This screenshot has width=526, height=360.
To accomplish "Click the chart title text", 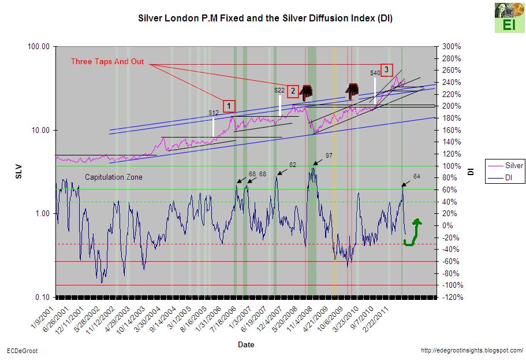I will [x=265, y=18].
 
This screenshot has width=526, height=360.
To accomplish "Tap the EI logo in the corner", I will [x=505, y=17].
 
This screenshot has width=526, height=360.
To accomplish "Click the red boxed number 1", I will [x=229, y=106].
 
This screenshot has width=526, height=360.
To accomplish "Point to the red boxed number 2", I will [x=293, y=90].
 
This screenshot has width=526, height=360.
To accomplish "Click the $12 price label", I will [x=213, y=112].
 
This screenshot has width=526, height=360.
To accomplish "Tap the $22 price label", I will [x=279, y=90].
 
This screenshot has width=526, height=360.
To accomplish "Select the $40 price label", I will [x=375, y=73].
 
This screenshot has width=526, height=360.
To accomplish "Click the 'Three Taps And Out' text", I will [x=107, y=62].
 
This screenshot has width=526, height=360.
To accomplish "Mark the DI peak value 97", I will [x=329, y=155].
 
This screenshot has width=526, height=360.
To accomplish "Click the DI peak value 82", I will [x=293, y=165].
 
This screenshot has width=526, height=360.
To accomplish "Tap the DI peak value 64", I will [x=417, y=176].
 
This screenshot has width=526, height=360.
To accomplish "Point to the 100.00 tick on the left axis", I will [x=39, y=46].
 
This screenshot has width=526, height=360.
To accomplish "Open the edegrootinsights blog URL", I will [x=472, y=351].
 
